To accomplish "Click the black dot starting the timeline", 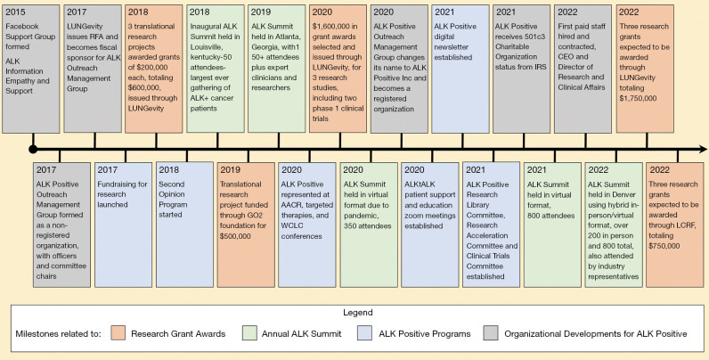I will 33,148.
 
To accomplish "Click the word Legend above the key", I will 354,312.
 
